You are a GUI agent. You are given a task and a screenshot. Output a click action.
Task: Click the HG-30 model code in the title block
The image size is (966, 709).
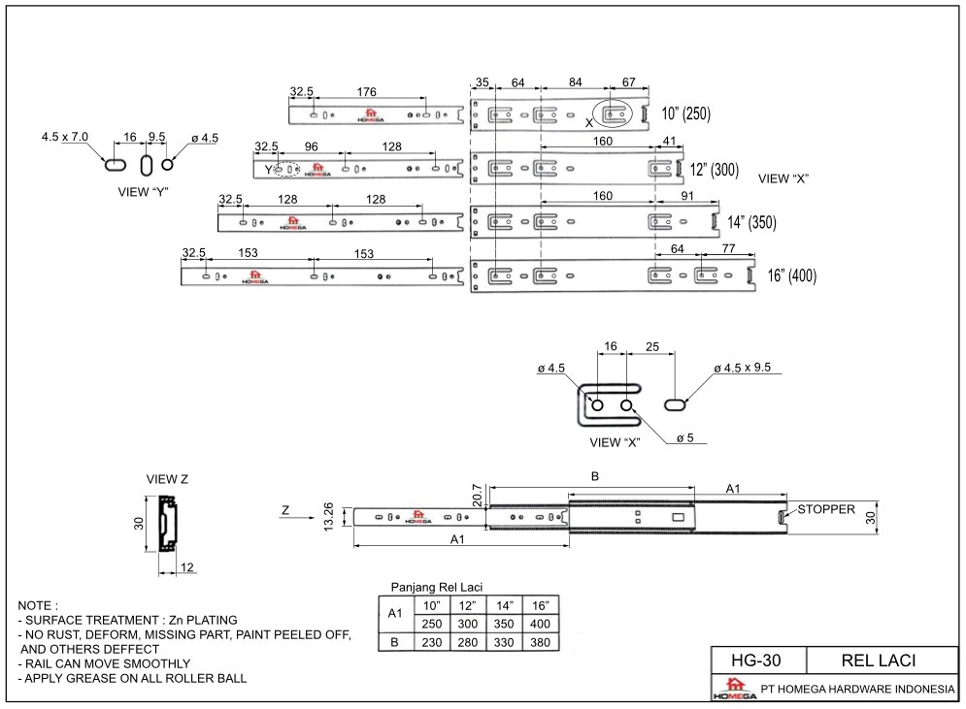(x=757, y=661)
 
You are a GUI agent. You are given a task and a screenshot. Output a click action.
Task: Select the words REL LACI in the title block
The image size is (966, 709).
(x=880, y=661)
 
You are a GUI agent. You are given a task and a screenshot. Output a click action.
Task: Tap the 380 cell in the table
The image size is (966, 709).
(x=540, y=643)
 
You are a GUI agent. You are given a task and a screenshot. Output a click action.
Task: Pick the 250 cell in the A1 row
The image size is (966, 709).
(x=431, y=624)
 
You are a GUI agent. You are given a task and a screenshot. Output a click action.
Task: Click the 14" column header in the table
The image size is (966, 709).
(x=504, y=605)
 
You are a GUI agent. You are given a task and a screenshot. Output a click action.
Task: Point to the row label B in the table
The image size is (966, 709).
(x=393, y=643)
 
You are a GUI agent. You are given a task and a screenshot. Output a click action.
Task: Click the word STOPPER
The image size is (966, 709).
(x=826, y=508)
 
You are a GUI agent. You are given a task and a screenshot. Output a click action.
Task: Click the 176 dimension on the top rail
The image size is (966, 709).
(x=366, y=92)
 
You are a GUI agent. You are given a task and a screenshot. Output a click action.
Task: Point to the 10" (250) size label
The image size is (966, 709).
(x=686, y=113)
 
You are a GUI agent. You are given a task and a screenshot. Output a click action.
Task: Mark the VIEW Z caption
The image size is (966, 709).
(x=167, y=479)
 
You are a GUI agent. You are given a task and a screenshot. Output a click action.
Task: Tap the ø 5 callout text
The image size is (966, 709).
(x=685, y=438)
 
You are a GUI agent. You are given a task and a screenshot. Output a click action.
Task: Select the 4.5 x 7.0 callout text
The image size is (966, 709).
(x=65, y=138)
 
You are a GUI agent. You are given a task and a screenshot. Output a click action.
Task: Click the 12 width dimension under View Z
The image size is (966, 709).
(x=186, y=566)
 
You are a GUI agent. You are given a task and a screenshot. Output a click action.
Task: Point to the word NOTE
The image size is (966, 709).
(x=38, y=604)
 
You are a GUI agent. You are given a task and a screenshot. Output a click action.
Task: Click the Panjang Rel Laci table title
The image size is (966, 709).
(x=437, y=587)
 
